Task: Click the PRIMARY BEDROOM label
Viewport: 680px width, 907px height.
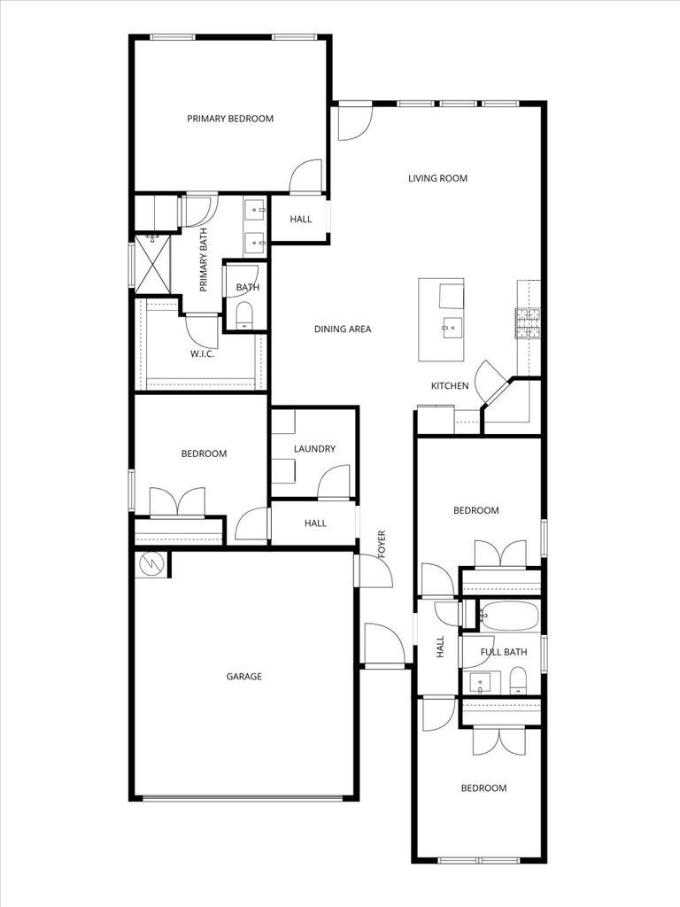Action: [229, 119]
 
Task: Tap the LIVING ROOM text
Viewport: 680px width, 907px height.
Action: [437, 179]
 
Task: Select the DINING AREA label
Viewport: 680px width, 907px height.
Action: [343, 329]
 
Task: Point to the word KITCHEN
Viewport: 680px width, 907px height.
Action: [450, 386]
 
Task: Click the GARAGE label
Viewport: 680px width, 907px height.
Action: [243, 677]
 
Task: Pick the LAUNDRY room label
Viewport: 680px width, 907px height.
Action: [314, 449]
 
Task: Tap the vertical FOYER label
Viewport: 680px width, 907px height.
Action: [382, 543]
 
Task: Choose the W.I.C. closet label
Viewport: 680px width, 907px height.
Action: [202, 354]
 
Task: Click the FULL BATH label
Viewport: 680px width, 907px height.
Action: [503, 653]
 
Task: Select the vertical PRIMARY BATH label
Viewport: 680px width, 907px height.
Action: [204, 260]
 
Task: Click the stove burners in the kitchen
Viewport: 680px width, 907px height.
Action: [529, 324]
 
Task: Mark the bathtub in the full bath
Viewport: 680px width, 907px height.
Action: [508, 614]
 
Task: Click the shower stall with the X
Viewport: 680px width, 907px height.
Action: [151, 263]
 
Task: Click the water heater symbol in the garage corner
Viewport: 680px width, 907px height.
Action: [151, 562]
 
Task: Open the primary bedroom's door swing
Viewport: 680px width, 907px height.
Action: [306, 176]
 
